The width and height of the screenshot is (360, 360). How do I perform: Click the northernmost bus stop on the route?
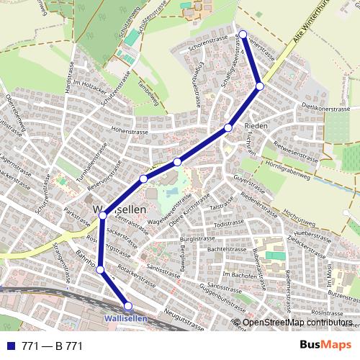(243, 34)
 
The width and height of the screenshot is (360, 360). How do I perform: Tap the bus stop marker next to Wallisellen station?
(128, 306)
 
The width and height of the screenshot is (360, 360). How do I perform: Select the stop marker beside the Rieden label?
(228, 127)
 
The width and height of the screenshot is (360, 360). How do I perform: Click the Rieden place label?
(256, 126)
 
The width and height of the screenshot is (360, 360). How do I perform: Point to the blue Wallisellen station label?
(125, 317)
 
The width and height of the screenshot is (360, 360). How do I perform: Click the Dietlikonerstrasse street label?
(324, 109)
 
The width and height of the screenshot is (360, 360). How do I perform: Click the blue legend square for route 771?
(10, 346)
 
